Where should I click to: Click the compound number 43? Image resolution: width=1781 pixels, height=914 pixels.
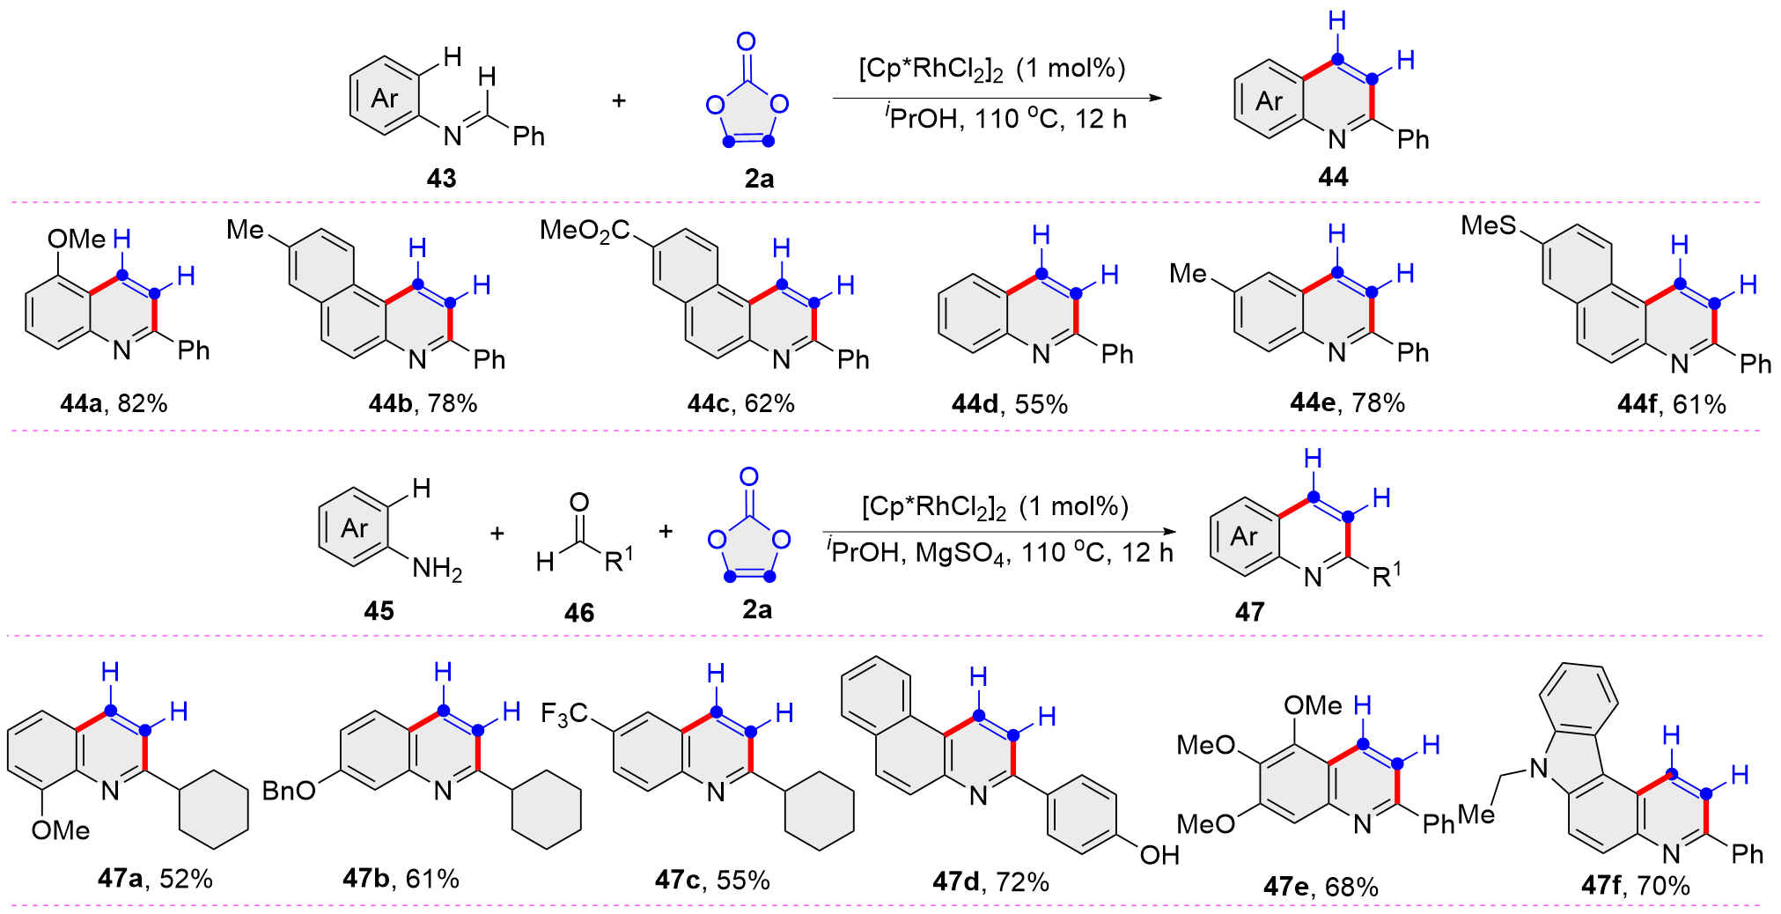(x=441, y=178)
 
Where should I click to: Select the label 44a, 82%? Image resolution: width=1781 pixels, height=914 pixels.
(x=114, y=403)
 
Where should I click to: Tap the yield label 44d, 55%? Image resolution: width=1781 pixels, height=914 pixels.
(x=1009, y=404)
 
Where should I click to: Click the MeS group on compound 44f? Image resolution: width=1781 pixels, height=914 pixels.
(x=1488, y=225)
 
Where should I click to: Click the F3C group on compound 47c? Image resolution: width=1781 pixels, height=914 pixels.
(x=563, y=713)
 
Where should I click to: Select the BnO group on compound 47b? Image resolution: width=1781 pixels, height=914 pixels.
(x=289, y=791)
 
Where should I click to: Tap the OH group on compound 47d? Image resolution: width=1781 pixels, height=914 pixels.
(x=1159, y=854)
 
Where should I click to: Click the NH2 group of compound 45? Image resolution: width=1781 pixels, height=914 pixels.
(x=437, y=569)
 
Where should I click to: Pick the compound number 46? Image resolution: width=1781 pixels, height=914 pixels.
(x=578, y=612)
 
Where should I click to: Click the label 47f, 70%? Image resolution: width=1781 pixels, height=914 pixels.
(x=1635, y=885)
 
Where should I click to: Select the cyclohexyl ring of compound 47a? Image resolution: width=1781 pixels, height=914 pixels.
(x=214, y=810)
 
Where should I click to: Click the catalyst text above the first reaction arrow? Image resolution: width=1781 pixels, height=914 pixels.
(x=991, y=69)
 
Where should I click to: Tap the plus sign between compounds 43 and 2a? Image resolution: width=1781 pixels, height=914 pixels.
(x=619, y=100)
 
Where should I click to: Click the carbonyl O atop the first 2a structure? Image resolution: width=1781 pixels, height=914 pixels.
(x=746, y=41)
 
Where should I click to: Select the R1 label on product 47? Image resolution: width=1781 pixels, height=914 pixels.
(x=1386, y=575)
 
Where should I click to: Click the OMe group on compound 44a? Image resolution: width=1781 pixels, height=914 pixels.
(x=76, y=239)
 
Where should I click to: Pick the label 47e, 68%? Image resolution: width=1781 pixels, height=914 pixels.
(x=1320, y=886)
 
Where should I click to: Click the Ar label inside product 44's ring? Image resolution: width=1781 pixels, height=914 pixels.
(x=1269, y=101)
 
